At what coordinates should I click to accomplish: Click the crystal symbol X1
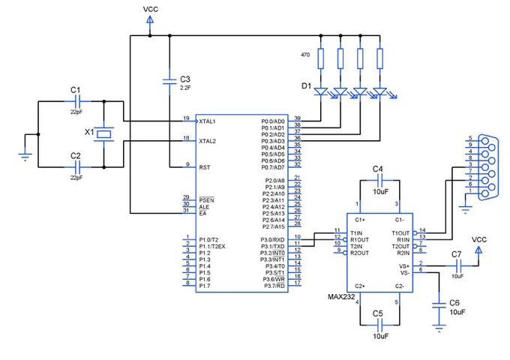click(104, 134)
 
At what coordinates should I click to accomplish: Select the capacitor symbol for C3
click(169, 81)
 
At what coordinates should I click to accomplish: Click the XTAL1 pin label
click(207, 121)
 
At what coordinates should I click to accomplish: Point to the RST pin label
click(205, 167)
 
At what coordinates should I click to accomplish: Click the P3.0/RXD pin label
click(272, 240)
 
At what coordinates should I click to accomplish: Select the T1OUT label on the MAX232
click(400, 233)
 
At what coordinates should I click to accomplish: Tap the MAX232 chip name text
click(341, 296)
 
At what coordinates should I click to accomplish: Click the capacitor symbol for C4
click(380, 180)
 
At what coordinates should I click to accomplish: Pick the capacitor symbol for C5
click(380, 325)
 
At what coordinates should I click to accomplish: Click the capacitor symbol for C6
click(439, 305)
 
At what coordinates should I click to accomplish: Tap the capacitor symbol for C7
click(458, 265)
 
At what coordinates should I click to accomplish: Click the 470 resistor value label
click(305, 55)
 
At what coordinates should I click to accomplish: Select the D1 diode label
click(307, 86)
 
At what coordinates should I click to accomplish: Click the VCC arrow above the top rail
click(150, 20)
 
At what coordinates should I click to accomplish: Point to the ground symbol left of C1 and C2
click(25, 157)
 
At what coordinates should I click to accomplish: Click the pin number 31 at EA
click(186, 210)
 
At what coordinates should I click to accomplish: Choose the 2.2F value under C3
click(185, 88)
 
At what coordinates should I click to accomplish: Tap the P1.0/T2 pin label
click(208, 240)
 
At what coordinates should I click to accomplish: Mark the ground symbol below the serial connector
click(466, 210)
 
